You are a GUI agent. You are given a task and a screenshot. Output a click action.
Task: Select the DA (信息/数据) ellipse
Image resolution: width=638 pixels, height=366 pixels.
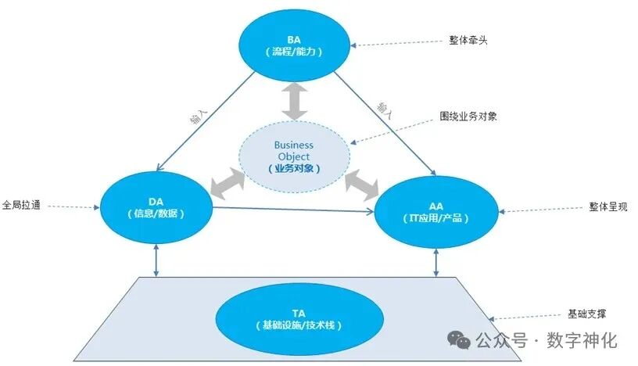point(157,206)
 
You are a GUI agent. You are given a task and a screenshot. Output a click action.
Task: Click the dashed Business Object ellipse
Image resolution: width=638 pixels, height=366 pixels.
point(293,156)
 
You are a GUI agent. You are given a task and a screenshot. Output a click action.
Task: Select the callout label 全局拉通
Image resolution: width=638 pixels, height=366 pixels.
point(23,206)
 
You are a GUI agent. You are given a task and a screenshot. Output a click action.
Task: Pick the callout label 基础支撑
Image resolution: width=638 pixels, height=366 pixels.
point(586,314)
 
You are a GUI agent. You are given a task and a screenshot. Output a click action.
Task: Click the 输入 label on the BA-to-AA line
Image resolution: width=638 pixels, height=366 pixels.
point(384,110)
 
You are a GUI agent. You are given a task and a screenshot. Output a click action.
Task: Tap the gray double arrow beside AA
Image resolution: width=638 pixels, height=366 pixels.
point(360,183)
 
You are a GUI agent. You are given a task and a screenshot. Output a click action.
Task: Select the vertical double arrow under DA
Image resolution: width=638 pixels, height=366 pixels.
point(158,260)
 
